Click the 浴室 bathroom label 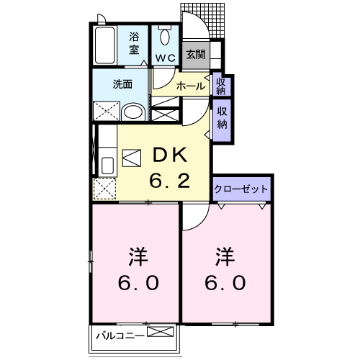[x=134, y=43]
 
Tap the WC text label [x=166, y=58]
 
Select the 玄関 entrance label [x=196, y=55]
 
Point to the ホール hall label [x=191, y=86]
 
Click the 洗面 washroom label [x=122, y=84]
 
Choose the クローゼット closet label [x=240, y=189]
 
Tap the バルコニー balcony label [x=120, y=336]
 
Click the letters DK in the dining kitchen [x=170, y=155]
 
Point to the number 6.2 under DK [x=170, y=181]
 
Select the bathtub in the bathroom [x=104, y=45]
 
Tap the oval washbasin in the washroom [x=133, y=112]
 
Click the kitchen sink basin [x=107, y=165]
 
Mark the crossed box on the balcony [x=161, y=332]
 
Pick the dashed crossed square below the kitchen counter [x=104, y=189]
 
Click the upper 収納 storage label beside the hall [x=221, y=86]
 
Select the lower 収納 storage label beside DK [x=222, y=117]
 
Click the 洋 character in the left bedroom [x=138, y=256]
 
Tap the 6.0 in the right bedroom [x=225, y=283]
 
